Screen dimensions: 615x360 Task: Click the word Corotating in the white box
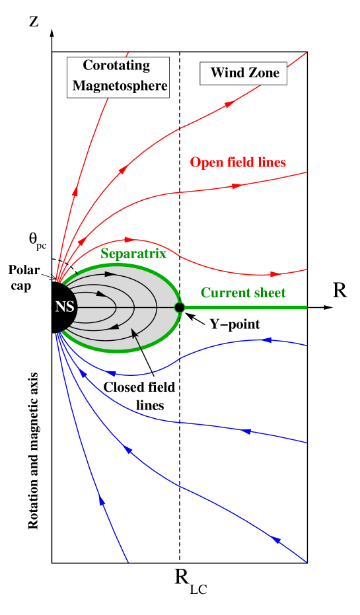116,65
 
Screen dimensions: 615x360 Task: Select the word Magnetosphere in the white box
120,86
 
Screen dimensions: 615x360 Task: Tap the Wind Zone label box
244,73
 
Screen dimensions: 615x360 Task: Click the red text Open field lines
238,163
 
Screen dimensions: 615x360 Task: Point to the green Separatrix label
133,254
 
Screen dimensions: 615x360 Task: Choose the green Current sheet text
243,293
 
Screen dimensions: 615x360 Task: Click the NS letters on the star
65,307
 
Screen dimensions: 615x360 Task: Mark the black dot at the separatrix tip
179,307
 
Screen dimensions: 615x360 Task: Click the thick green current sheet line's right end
305,307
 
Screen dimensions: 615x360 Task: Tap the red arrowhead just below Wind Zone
229,104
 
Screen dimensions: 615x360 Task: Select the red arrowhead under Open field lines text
236,186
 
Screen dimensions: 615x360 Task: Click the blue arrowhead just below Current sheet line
268,340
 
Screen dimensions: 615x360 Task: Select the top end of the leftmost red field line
127,54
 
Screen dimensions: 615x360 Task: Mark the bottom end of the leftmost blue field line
127,562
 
